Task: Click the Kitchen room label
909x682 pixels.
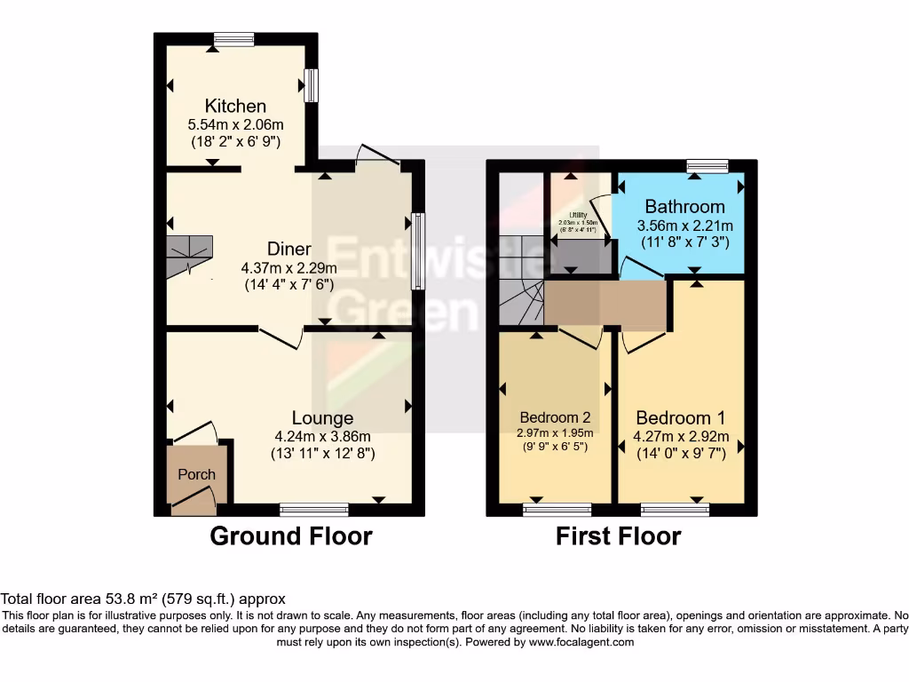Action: (x=235, y=107)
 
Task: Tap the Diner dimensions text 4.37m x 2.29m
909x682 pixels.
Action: (x=289, y=268)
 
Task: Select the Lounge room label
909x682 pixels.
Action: (x=323, y=418)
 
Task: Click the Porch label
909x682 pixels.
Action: (x=196, y=474)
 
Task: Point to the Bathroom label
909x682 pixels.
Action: (x=684, y=207)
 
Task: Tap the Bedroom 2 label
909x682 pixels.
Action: (x=555, y=417)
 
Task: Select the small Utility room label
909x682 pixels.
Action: (x=578, y=215)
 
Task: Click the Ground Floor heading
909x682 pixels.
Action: (x=290, y=536)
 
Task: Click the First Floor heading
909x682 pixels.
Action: (x=618, y=536)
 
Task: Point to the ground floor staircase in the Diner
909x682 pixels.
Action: (x=189, y=257)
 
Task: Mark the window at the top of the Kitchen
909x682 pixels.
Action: (x=233, y=38)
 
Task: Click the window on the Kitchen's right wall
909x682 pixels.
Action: (x=312, y=85)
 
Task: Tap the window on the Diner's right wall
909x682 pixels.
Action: (x=418, y=251)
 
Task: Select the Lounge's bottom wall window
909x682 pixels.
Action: (x=313, y=510)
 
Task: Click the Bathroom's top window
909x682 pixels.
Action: (x=707, y=165)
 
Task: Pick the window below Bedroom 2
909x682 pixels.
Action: (x=555, y=510)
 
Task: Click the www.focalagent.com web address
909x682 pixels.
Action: (x=581, y=642)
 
